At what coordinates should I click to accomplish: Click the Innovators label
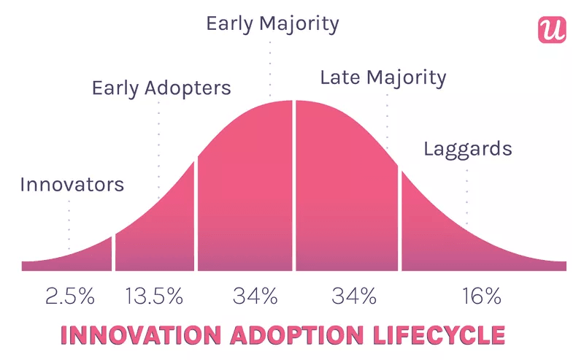(72, 184)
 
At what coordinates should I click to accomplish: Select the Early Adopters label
(161, 88)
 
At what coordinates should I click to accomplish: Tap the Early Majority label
(272, 23)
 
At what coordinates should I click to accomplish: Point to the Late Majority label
(383, 77)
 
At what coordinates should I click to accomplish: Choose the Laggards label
(467, 150)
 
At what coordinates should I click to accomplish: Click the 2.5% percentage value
(70, 296)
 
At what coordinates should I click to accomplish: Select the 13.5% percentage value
(154, 296)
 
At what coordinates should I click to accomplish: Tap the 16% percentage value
(481, 296)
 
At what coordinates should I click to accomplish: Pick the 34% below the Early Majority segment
(255, 296)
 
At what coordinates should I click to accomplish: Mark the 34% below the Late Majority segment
(354, 296)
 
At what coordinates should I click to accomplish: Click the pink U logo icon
(552, 28)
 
